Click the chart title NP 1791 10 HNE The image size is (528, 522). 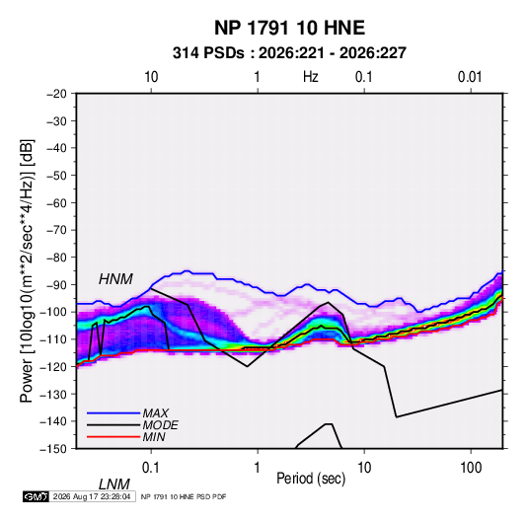[x=289, y=28]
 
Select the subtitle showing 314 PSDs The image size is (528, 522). [x=289, y=53]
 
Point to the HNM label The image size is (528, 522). [x=115, y=279]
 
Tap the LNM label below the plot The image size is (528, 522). [x=113, y=485]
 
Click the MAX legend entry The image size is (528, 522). [x=155, y=413]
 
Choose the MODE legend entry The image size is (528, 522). [x=160, y=425]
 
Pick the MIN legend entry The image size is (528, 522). [x=154, y=437]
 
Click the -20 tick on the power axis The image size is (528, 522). [x=56, y=94]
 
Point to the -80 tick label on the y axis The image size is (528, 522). [x=56, y=258]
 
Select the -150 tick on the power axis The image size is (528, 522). [x=53, y=449]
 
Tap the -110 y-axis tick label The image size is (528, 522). [x=53, y=339]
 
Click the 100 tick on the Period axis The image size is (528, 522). [x=471, y=468]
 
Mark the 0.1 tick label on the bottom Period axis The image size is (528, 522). [x=150, y=468]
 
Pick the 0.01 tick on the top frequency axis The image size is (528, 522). [x=470, y=77]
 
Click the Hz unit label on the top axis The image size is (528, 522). [x=310, y=77]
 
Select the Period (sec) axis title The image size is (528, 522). [x=311, y=479]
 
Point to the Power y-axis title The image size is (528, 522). [x=27, y=270]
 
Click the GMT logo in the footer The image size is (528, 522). [x=37, y=496]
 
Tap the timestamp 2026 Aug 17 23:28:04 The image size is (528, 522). [x=92, y=496]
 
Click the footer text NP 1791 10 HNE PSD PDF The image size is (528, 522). [x=184, y=496]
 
